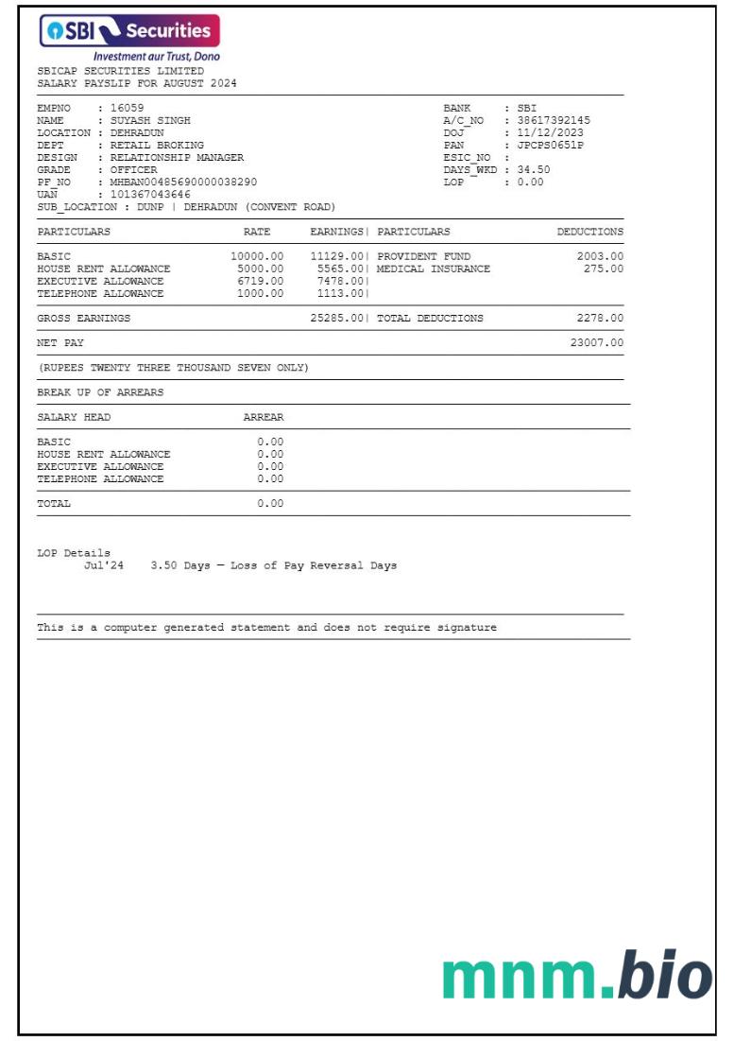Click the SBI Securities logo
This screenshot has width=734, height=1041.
tap(128, 31)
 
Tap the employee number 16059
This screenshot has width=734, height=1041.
tap(128, 108)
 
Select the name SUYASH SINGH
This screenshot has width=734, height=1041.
tap(151, 120)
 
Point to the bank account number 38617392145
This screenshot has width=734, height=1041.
tap(554, 120)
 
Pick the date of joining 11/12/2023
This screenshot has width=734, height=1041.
tap(551, 132)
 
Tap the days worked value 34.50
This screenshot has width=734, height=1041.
tap(534, 169)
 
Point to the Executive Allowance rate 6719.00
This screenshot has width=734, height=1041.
tap(260, 281)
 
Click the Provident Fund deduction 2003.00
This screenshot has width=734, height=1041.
tap(600, 256)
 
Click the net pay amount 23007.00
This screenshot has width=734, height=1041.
tap(596, 343)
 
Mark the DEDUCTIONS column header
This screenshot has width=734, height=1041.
tap(589, 232)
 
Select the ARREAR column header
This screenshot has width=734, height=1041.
tap(264, 417)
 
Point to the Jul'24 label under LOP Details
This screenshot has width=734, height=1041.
tap(100, 565)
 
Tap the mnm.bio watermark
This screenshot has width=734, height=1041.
tap(576, 977)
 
